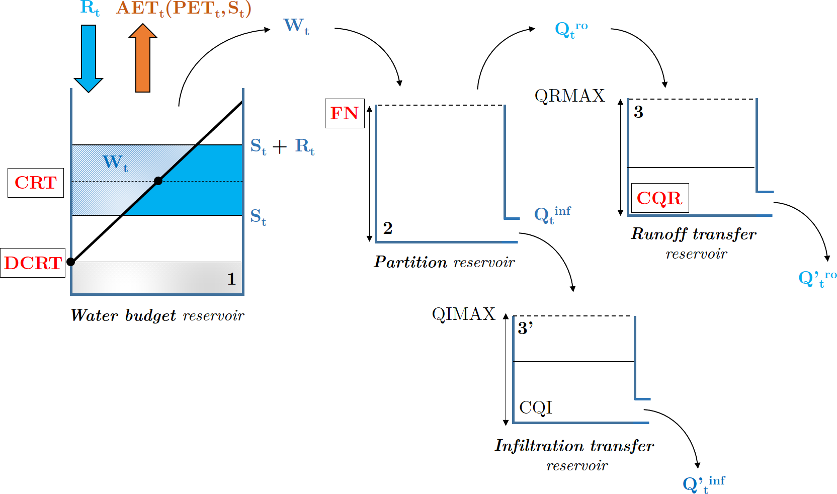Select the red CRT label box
coord(36,183)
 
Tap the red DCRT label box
coord(33,263)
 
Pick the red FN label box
coord(345,113)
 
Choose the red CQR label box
coord(659,198)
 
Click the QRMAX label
coord(569,96)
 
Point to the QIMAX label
coord(463,314)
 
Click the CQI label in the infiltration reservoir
coord(536,407)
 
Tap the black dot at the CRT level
coord(158,181)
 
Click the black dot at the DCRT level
coord(71,262)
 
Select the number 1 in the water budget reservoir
coord(231,279)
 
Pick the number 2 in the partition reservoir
coord(387,228)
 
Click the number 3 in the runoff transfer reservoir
coord(638,112)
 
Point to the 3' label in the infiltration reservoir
coord(525,328)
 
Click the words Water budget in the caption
coord(123,315)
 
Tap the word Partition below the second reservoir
coord(410,262)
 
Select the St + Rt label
coord(282,146)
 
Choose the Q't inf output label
coord(704,484)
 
